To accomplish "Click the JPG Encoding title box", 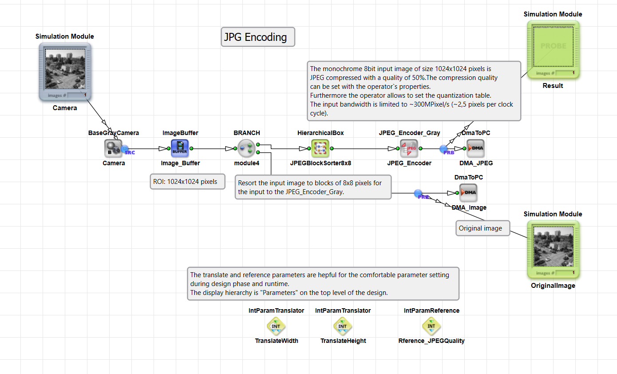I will point(258,37).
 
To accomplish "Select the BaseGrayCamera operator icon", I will point(113,148).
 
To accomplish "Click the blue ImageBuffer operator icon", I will point(180,148).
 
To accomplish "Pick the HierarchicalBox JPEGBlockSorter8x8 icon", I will point(320,148).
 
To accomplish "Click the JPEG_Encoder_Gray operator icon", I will point(409,148).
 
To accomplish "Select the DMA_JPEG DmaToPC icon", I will point(475,148).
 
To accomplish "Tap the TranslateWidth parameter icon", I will point(276,326).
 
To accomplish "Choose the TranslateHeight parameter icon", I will point(343,326).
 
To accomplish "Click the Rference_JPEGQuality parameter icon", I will point(431,326).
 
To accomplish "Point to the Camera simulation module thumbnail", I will point(65,69).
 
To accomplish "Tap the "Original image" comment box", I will point(483,228).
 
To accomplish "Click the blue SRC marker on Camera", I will point(125,150).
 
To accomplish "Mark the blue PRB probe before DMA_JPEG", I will point(444,150).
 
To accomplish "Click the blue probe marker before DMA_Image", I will point(418,194).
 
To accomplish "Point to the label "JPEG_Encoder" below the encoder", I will point(409,163).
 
